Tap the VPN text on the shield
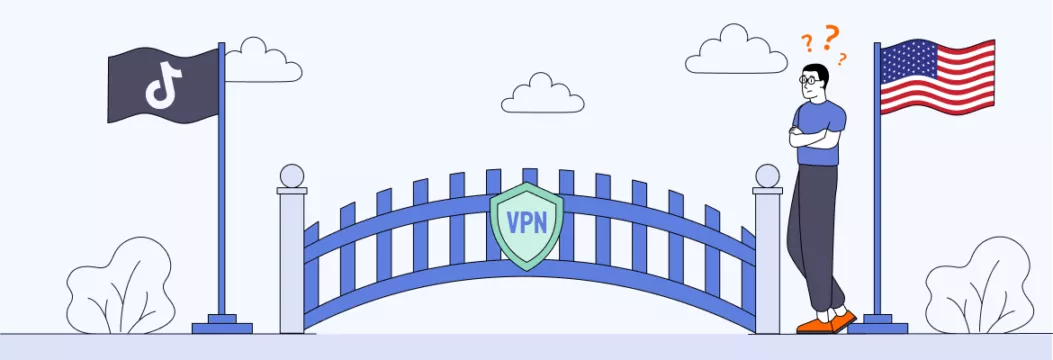pos(526,221)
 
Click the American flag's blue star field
pos(904,62)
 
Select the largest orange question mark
pos(830,38)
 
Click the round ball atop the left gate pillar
pos(291,176)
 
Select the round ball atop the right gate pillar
pos(767,176)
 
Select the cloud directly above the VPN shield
pos(542,94)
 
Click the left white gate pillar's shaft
pos(292,260)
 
